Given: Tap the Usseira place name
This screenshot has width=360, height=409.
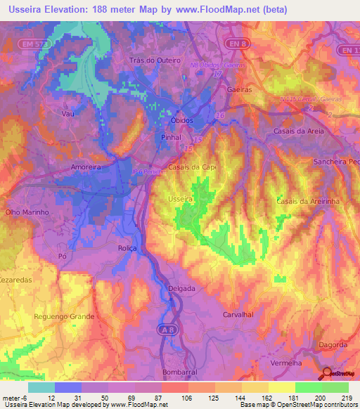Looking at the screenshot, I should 181,200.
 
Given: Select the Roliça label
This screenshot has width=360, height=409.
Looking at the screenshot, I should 128,249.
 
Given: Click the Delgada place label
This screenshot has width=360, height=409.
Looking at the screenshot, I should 183,288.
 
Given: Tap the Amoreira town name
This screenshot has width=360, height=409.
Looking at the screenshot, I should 87,167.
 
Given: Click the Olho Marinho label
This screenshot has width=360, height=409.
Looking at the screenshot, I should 26,212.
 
